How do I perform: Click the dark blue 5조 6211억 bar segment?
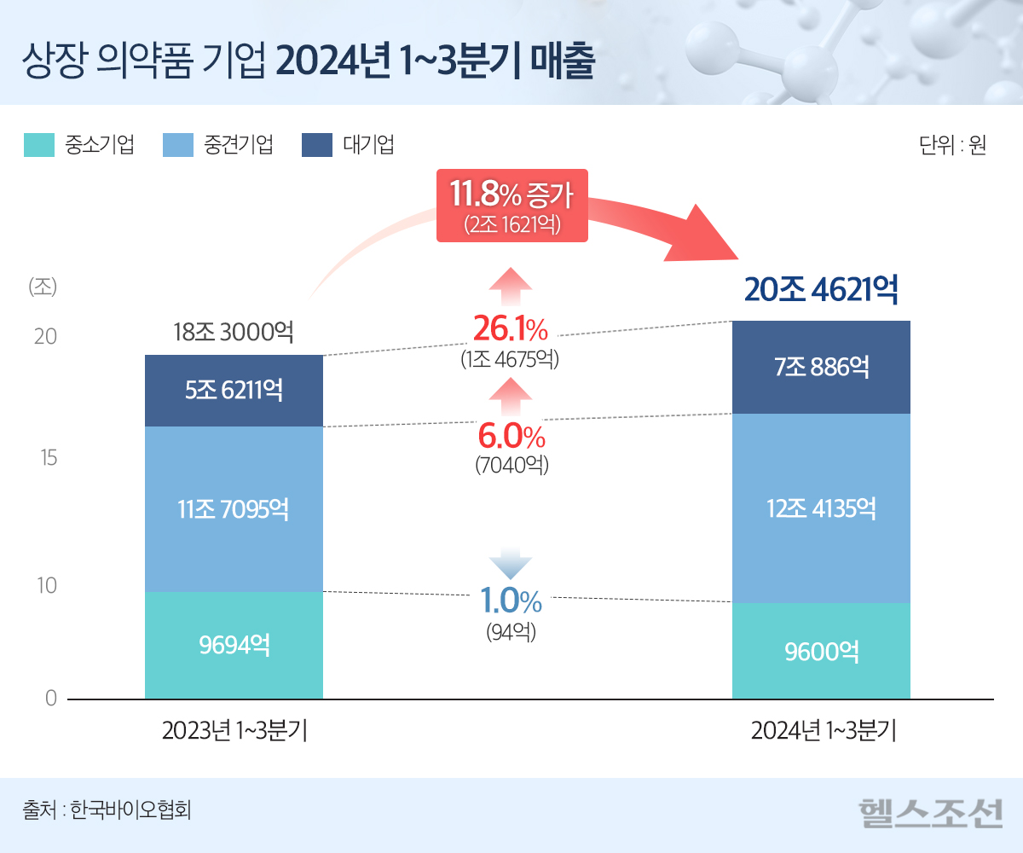point(234,391)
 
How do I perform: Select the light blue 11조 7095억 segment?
point(234,509)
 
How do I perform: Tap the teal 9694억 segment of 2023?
point(234,645)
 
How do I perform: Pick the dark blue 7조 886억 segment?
point(821,368)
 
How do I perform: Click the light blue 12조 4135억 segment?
point(821,508)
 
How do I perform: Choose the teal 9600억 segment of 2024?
point(821,652)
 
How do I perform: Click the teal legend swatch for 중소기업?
point(38,145)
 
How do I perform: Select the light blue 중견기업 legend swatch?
point(176,145)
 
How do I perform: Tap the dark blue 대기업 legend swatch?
point(316,145)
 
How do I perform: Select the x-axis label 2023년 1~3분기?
point(234,732)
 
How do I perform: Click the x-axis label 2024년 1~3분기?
point(823,732)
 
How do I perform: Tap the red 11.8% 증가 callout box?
point(511,206)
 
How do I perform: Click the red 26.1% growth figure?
point(510,328)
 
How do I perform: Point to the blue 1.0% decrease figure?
point(511,601)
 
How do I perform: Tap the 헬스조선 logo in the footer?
point(930,813)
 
